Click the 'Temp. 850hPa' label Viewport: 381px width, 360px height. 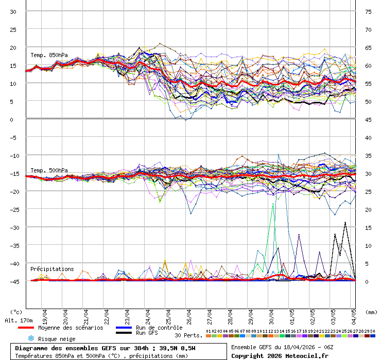(49, 55)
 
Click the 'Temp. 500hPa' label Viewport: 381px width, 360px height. (49, 170)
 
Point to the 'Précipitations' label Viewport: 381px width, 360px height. (52, 269)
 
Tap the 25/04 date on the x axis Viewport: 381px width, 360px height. (168, 315)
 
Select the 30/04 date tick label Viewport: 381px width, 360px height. (271, 315)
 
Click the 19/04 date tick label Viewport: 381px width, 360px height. (45, 315)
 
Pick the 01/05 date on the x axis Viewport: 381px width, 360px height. (292, 315)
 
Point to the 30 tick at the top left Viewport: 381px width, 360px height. (13, 11)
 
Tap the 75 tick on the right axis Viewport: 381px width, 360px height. (368, 11)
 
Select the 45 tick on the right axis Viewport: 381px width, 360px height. (368, 119)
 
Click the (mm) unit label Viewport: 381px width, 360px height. (371, 312)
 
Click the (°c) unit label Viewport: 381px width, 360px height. (16, 312)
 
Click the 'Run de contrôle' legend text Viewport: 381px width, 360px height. (159, 328)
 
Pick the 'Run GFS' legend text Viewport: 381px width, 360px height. (147, 333)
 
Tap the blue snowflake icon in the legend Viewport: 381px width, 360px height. (31, 338)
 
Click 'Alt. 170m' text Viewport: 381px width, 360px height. (19, 320)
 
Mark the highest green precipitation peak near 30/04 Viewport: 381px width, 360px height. (271, 203)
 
